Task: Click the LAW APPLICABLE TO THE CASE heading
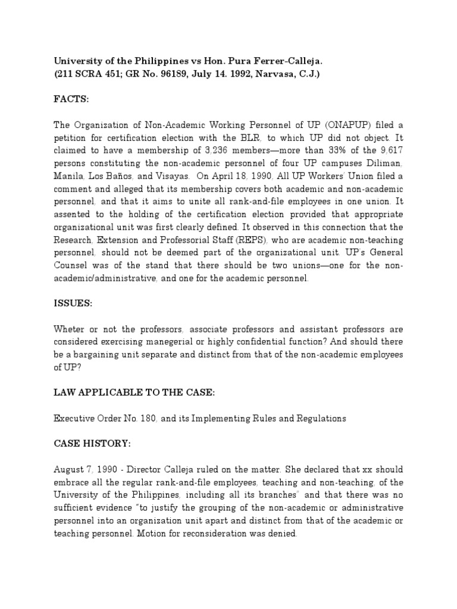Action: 132,393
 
